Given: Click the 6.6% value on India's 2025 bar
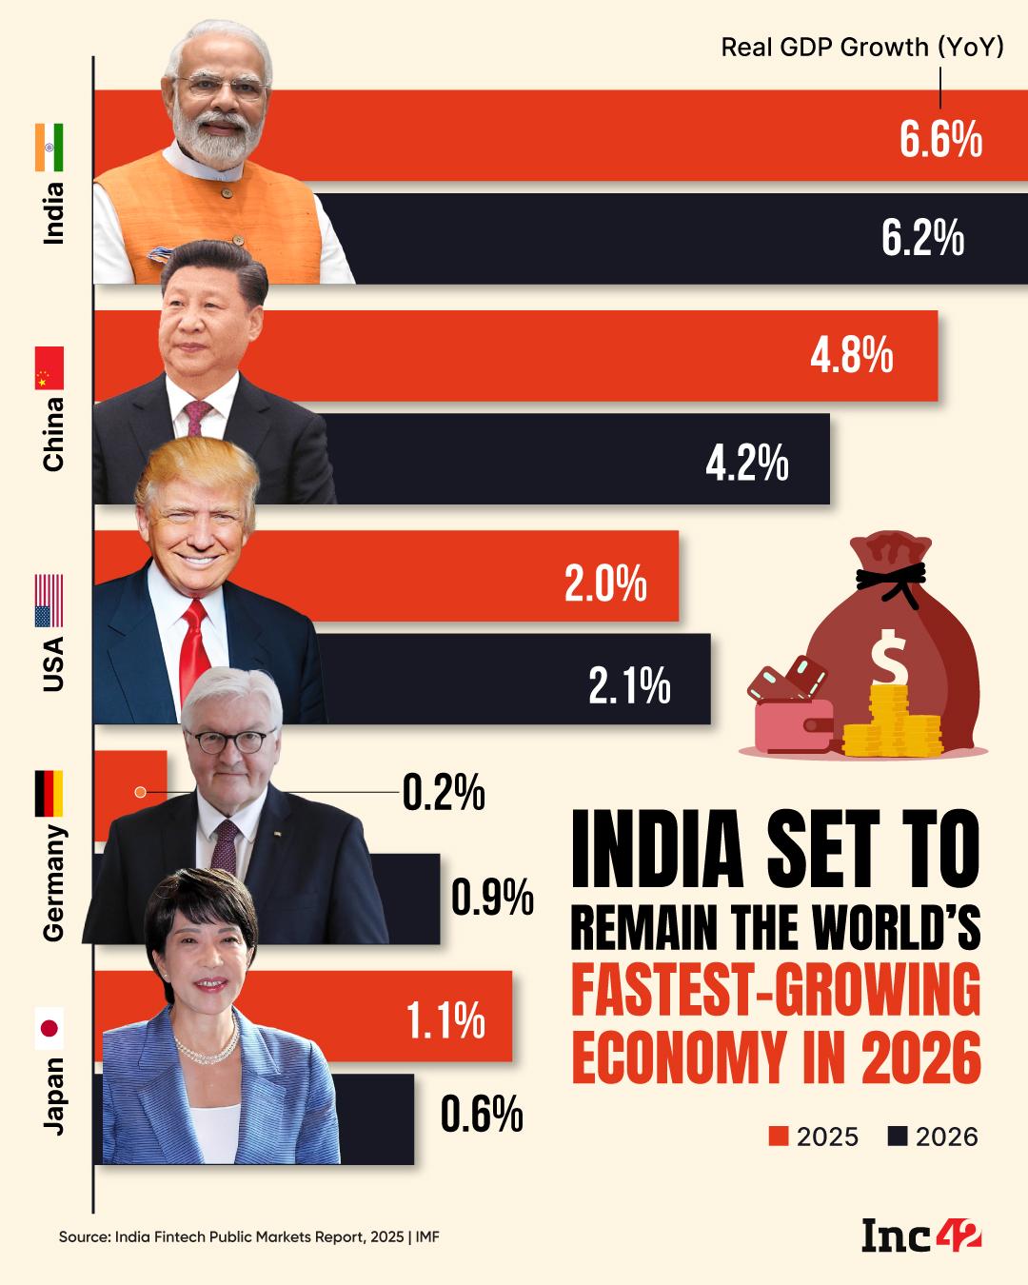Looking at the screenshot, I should coord(940,140).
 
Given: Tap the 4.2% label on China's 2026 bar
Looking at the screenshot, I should coord(746,464).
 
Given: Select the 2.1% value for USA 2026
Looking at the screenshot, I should coord(629,685).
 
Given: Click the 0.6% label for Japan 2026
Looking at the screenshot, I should coord(482,1114).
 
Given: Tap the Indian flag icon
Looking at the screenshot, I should coord(49,148).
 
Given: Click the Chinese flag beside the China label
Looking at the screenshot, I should coord(49,368).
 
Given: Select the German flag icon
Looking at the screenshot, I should coord(49,794).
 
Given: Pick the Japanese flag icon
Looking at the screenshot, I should coord(49,1028).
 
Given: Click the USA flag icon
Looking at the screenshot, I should coord(49,600).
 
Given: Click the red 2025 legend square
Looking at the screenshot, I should coord(780,1137).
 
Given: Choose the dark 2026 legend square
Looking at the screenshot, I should coord(898,1137).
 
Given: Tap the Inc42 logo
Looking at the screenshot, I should coord(920,1236).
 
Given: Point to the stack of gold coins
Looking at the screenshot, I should coord(892,723).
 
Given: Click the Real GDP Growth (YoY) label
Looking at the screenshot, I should coord(861,48).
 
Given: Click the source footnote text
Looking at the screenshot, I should coord(248,1236).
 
